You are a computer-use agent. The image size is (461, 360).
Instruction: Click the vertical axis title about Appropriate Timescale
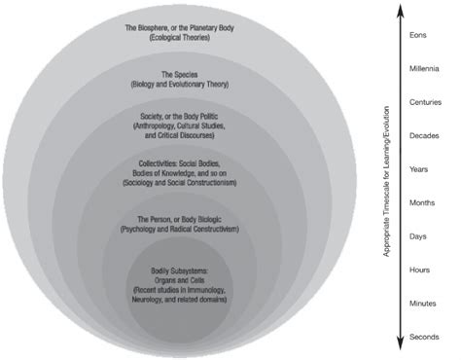(x=386, y=180)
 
